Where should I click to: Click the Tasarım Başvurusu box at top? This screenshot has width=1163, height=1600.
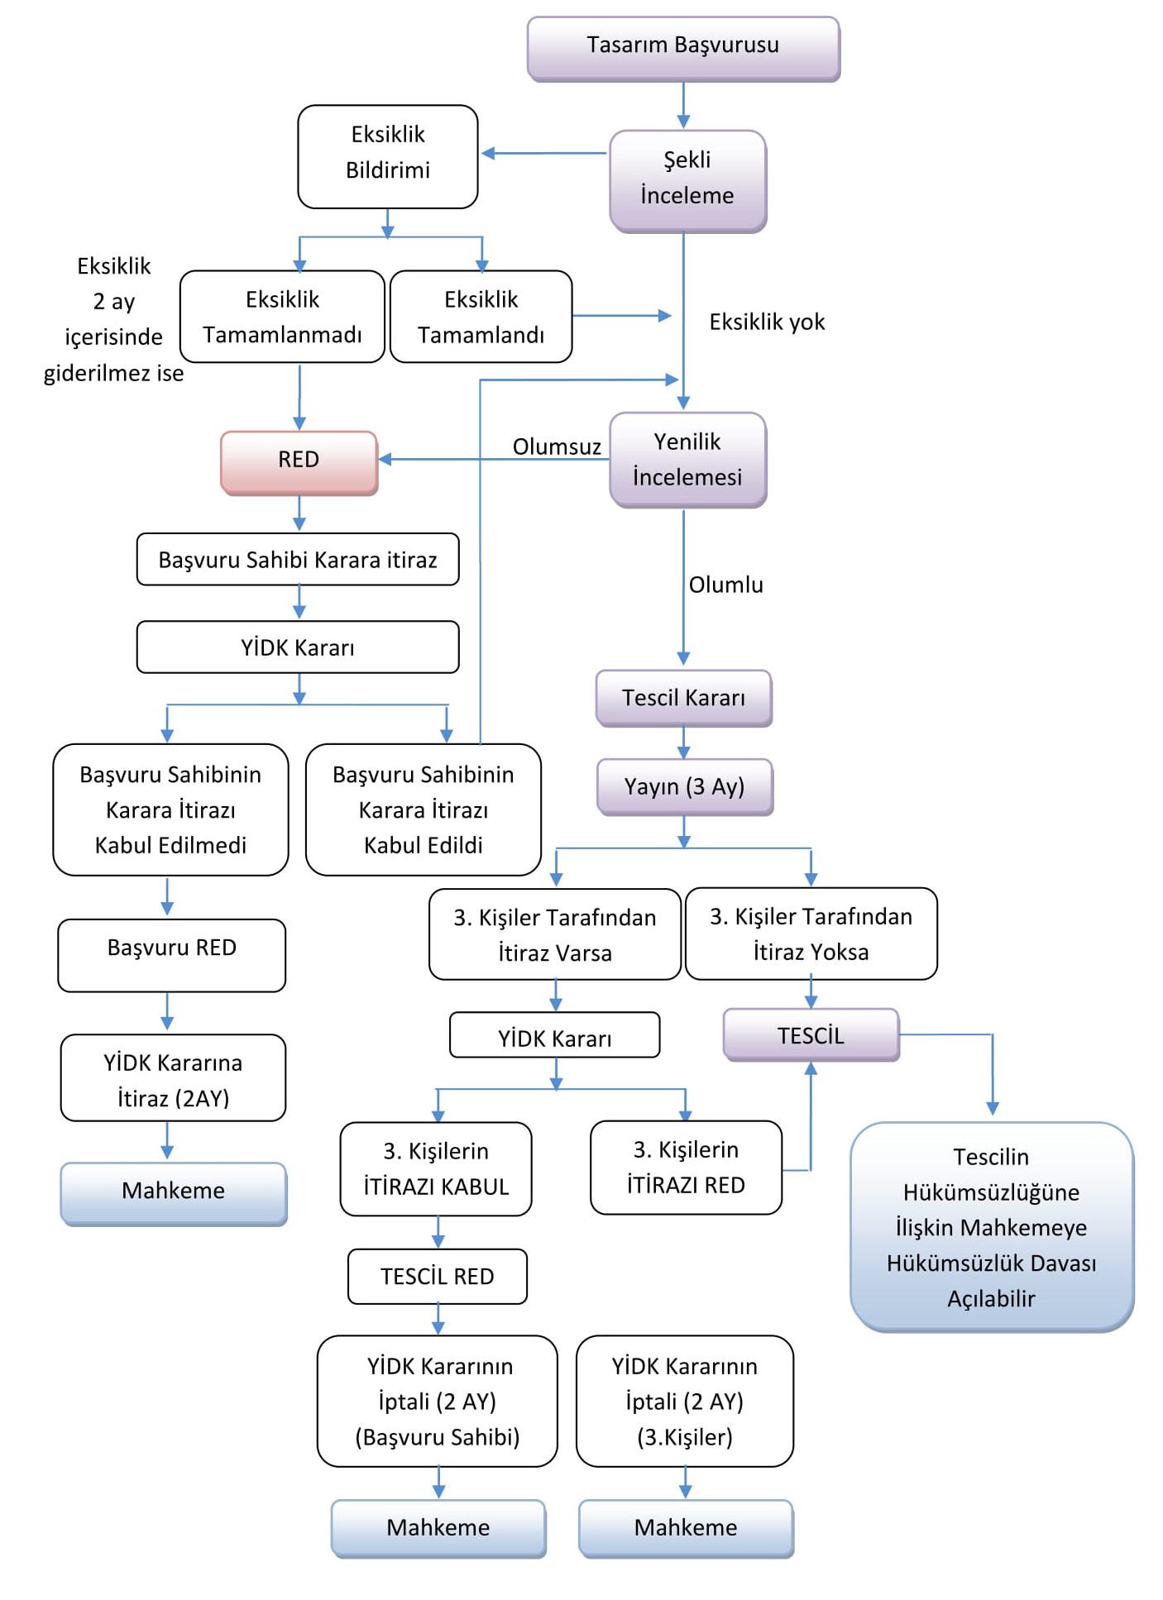point(683,47)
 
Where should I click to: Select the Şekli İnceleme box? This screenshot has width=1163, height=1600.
point(687,179)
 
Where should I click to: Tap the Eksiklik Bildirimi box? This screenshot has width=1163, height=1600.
point(388,155)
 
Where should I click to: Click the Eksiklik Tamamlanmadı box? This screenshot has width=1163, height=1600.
point(282,317)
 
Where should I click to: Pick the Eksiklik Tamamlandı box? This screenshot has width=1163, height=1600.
point(481,317)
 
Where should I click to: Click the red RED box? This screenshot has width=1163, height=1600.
point(299,461)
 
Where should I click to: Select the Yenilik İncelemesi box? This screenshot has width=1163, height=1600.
point(687,460)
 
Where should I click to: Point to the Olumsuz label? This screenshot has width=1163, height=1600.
point(557,447)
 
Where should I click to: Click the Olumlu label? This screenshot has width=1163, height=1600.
point(726,585)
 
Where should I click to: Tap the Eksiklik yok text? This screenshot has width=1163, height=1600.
point(767,322)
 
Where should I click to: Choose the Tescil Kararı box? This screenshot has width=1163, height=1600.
point(683,699)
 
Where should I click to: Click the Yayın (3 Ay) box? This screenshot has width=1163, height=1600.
point(684,786)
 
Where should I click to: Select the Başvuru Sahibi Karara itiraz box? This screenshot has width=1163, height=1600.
point(298,560)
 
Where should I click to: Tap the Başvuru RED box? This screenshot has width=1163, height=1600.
point(171,954)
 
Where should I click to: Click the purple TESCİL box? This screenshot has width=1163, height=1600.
point(811,1035)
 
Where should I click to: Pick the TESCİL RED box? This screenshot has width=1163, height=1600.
point(438,1276)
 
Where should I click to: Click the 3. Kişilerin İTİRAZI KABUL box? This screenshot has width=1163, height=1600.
point(436,1168)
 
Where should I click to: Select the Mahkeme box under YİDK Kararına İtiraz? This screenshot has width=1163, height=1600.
point(173,1192)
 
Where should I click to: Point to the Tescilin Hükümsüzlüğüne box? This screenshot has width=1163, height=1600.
point(991,1226)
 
